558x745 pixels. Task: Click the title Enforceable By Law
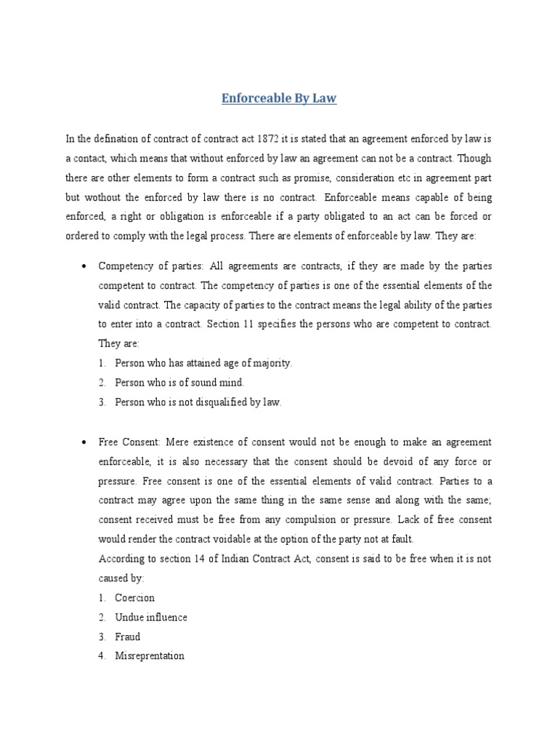pyautogui.click(x=279, y=98)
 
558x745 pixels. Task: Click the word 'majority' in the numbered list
pyautogui.click(x=269, y=363)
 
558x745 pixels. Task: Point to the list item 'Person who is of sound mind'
pyautogui.click(x=179, y=382)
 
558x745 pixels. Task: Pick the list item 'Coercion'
pyautogui.click(x=135, y=598)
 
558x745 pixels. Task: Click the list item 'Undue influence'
pyautogui.click(x=151, y=617)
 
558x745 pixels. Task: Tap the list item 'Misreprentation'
pyautogui.click(x=150, y=656)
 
